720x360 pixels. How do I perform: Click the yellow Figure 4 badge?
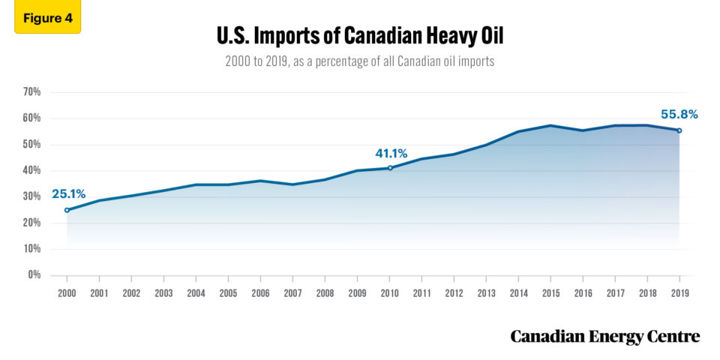click(47, 19)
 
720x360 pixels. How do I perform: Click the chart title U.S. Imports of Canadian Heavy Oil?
click(359, 34)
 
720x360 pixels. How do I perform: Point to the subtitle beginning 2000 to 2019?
click(359, 61)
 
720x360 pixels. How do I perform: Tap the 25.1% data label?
click(67, 194)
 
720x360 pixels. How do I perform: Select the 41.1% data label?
click(391, 153)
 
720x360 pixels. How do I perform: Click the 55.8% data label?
click(679, 114)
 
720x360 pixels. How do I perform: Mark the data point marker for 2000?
click(67, 210)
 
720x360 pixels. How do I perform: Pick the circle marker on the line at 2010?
click(390, 168)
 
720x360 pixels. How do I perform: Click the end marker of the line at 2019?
click(679, 130)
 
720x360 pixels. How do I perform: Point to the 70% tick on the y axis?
click(31, 92)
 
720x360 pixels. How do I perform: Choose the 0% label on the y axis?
click(34, 275)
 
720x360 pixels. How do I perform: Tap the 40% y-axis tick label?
click(31, 170)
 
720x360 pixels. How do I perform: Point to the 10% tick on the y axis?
click(31, 249)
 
